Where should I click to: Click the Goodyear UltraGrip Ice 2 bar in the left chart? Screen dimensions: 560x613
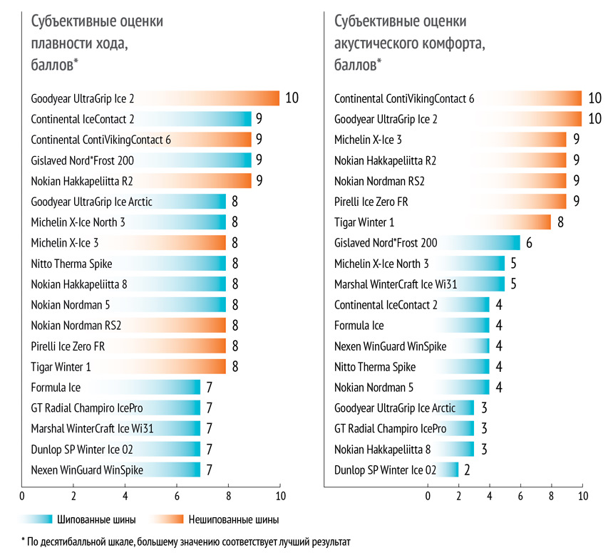pos(214,98)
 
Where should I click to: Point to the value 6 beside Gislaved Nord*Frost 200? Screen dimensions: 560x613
pos(529,243)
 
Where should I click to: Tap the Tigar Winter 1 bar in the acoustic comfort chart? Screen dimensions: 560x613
pos(527,222)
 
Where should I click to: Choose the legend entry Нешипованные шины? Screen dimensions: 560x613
pos(231,519)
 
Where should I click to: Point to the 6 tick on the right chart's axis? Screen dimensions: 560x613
pos(520,496)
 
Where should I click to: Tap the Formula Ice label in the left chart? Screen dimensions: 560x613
pos(56,388)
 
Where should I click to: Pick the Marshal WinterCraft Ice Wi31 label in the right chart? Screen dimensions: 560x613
pos(396,284)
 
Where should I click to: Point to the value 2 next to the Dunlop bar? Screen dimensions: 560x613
pos(468,470)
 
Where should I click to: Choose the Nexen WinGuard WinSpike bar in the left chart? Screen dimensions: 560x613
pos(178,470)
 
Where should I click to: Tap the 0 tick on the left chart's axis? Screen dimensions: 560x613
pos(23,496)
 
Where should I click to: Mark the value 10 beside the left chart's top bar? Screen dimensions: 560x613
pos(292,98)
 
